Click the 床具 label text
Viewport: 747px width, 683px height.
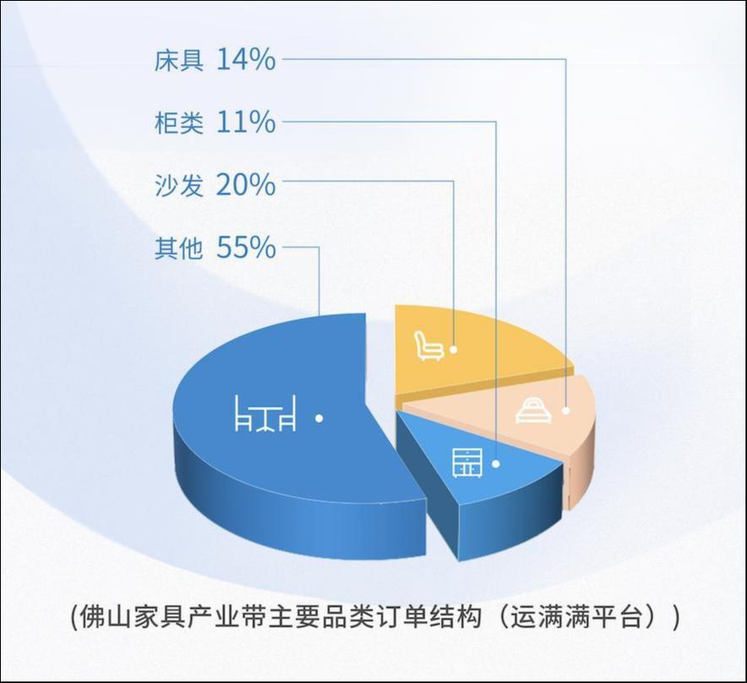(179, 61)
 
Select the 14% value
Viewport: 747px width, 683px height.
(246, 60)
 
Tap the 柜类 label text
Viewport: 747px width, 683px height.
(179, 123)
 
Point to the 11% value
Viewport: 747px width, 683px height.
(246, 122)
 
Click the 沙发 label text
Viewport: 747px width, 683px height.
(179, 185)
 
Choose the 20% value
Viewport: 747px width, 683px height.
(246, 185)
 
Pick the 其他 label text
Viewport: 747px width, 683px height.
(179, 248)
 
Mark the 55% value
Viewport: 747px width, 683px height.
(246, 248)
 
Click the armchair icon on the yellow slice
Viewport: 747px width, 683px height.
(428, 346)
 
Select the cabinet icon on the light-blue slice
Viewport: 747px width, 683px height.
(467, 463)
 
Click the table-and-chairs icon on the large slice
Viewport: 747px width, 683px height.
(266, 413)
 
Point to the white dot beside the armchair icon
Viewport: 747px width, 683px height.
(454, 349)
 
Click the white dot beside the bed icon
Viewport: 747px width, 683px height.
(566, 410)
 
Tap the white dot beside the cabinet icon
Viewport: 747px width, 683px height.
(496, 463)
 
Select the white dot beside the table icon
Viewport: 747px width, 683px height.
(319, 418)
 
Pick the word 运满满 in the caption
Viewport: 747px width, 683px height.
(548, 618)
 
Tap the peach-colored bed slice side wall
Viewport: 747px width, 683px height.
(581, 472)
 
